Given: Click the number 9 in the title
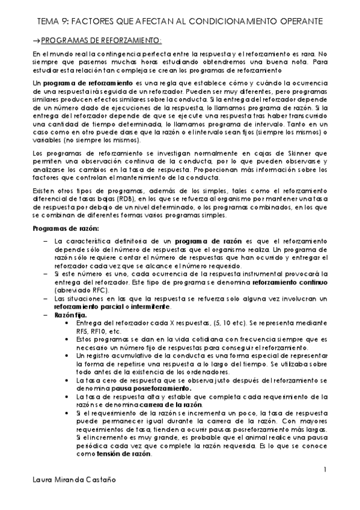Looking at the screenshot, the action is coord(64,22).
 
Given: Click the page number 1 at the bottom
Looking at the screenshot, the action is coord(324,469).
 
